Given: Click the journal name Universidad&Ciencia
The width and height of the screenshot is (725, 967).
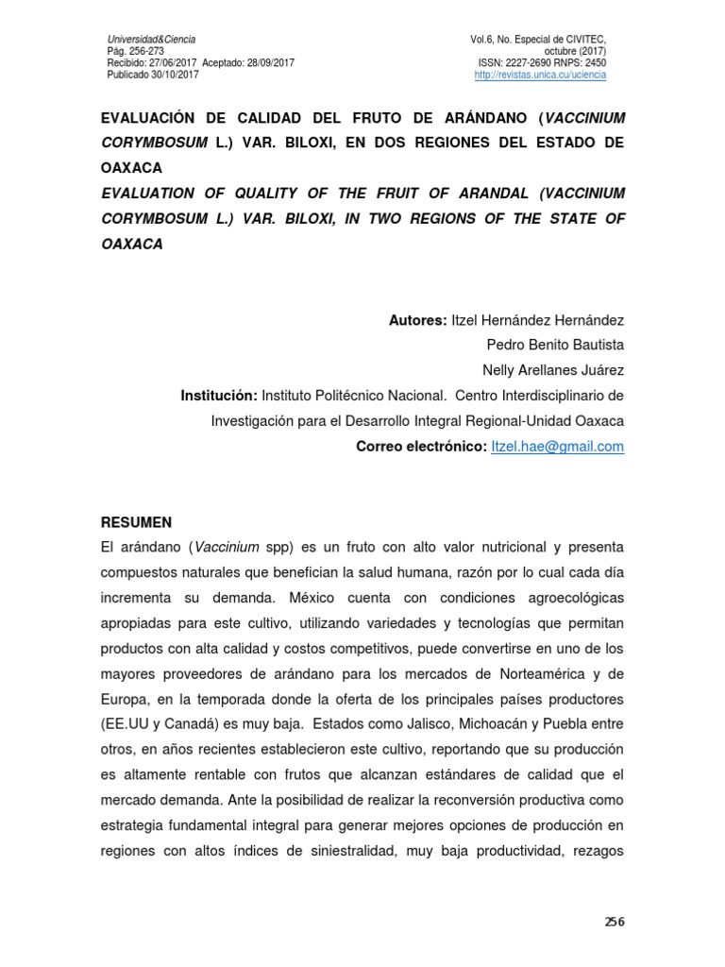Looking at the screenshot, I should [151, 39].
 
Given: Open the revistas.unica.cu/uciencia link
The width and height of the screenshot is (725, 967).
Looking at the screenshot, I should [540, 75].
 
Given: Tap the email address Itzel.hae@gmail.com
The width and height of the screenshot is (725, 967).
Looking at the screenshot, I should [558, 447].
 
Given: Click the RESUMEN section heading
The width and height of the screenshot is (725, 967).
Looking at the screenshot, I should [136, 521].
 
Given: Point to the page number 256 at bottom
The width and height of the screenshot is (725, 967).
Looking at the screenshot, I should [615, 922].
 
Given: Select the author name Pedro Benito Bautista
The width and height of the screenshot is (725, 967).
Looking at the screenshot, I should [554, 345].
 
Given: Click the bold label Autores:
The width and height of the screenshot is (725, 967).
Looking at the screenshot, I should [418, 320].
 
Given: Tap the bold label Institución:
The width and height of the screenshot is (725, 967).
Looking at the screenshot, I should [219, 395].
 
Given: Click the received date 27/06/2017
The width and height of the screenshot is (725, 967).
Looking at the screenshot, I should [173, 62].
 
